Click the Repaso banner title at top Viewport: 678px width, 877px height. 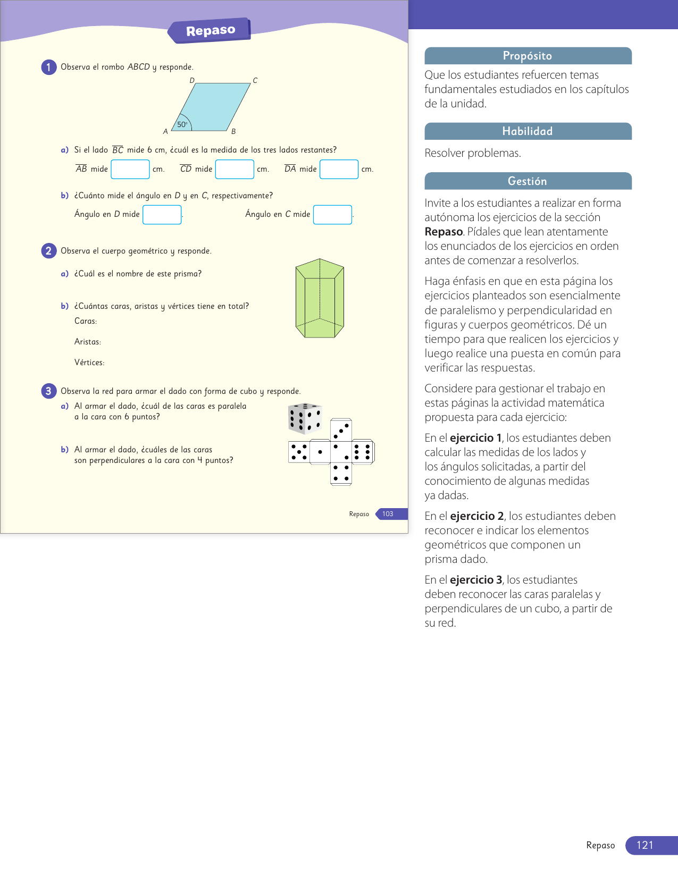tap(211, 31)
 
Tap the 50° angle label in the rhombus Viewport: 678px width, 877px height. tap(182, 124)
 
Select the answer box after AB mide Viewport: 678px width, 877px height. tap(130, 169)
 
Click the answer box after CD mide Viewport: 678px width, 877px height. tap(235, 169)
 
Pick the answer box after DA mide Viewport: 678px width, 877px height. tap(339, 169)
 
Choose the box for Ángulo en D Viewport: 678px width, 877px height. tap(162, 215)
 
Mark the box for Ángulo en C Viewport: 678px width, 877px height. tap(332, 215)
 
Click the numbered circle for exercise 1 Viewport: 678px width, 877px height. tap(48, 67)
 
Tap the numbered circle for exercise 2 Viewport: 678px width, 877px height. tap(48, 251)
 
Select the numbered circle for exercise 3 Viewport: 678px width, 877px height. tap(48, 391)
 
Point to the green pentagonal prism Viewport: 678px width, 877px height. tap(320, 298)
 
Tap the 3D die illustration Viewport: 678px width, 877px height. tap(305, 418)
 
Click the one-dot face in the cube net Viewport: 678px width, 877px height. tap(320, 452)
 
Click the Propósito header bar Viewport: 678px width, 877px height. tap(528, 56)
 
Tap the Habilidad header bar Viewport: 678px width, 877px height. tap(528, 131)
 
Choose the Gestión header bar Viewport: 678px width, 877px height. tap(528, 181)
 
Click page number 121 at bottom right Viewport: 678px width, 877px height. tap(645, 845)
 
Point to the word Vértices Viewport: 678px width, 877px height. tap(89, 362)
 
